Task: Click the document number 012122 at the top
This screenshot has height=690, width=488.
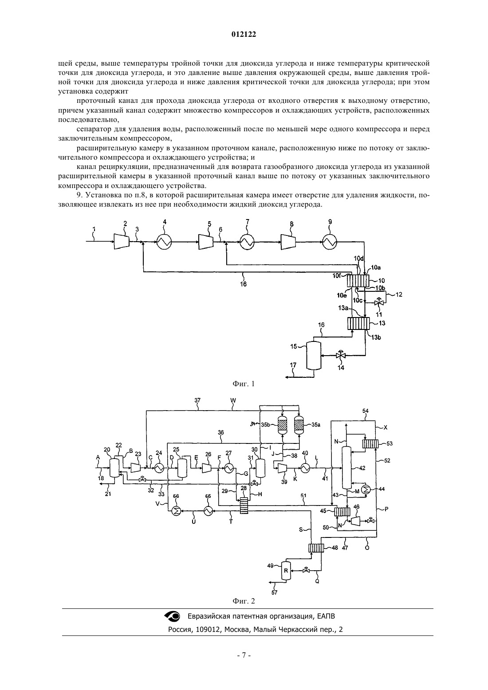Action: click(x=244, y=35)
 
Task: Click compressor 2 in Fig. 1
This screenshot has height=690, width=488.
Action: click(x=122, y=241)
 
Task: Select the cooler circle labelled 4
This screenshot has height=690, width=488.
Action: click(x=164, y=242)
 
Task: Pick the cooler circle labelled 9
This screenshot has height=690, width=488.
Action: click(x=330, y=242)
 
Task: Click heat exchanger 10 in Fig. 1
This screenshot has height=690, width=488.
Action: click(x=358, y=280)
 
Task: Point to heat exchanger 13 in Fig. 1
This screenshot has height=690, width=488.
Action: click(x=358, y=323)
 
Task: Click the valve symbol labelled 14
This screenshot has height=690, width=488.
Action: click(x=341, y=356)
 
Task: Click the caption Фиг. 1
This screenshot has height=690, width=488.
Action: click(x=244, y=384)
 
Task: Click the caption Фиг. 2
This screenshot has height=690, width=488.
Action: click(x=244, y=601)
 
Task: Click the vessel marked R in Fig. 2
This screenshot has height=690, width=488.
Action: click(x=286, y=571)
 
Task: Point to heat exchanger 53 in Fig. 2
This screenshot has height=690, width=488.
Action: click(x=370, y=444)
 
